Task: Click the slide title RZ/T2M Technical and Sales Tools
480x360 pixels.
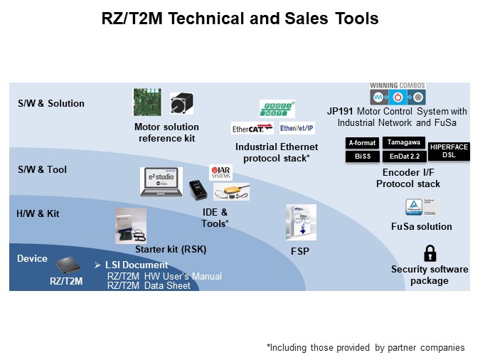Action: click(x=240, y=18)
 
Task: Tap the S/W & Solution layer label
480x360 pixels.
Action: click(x=50, y=103)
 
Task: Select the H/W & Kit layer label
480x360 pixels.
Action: click(x=38, y=213)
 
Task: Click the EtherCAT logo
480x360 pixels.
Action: click(x=252, y=129)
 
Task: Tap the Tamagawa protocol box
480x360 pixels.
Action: click(x=405, y=142)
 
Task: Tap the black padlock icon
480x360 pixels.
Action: click(x=430, y=253)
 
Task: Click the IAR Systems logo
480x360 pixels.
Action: click(x=220, y=173)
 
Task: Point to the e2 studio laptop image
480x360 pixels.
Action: click(x=161, y=182)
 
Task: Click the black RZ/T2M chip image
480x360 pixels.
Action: click(x=65, y=265)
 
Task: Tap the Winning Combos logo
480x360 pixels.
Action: click(x=398, y=93)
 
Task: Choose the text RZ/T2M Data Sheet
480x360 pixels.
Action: click(x=149, y=285)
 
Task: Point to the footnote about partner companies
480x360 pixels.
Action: click(x=366, y=347)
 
